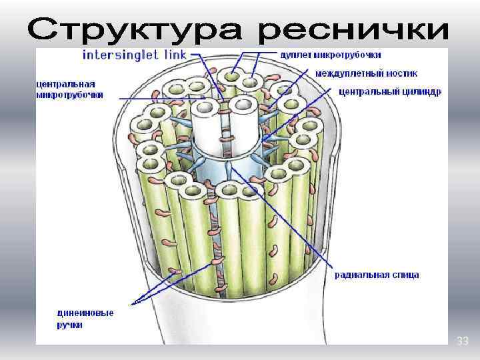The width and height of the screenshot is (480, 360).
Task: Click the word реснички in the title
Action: click(x=353, y=29)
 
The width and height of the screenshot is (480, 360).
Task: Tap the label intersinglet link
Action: click(x=134, y=54)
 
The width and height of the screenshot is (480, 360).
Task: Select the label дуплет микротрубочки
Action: click(x=331, y=54)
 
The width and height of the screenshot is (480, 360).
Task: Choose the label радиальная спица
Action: click(x=377, y=275)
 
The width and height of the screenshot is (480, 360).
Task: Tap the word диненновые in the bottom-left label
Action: click(x=85, y=313)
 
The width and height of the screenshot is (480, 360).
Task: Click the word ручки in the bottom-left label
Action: click(x=70, y=325)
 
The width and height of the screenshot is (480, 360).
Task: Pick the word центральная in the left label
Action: click(x=65, y=85)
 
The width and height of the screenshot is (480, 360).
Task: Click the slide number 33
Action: click(x=462, y=341)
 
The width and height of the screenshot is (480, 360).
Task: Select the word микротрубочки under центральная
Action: click(x=69, y=95)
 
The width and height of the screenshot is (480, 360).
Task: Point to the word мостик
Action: click(x=393, y=73)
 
